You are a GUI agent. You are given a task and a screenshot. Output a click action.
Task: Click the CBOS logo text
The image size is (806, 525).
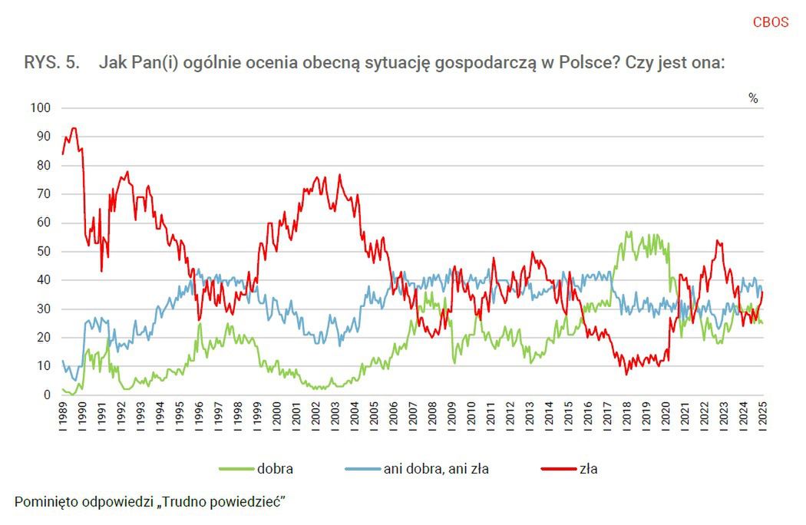[x=770, y=22]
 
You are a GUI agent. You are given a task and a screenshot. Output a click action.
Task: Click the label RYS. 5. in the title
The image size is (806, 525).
[x=52, y=64]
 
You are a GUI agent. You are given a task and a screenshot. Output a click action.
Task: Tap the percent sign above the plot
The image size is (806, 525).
[x=753, y=98]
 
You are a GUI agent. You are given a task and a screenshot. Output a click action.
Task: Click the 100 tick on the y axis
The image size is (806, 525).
[x=40, y=108]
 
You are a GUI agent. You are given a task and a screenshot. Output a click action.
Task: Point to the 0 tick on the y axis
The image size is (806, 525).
[x=46, y=395]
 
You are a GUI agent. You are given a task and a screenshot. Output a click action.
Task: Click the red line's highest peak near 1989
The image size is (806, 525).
[x=74, y=128]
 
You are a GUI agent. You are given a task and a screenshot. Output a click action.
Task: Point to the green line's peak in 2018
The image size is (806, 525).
[x=628, y=232]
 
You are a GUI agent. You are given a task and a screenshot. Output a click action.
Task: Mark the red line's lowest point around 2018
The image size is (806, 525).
[x=626, y=374]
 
